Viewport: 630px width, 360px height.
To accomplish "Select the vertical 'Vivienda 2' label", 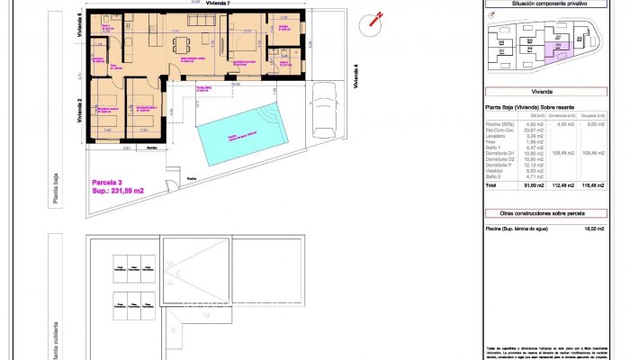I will (x=81, y=109).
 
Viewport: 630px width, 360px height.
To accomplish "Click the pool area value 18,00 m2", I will (x=592, y=229).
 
